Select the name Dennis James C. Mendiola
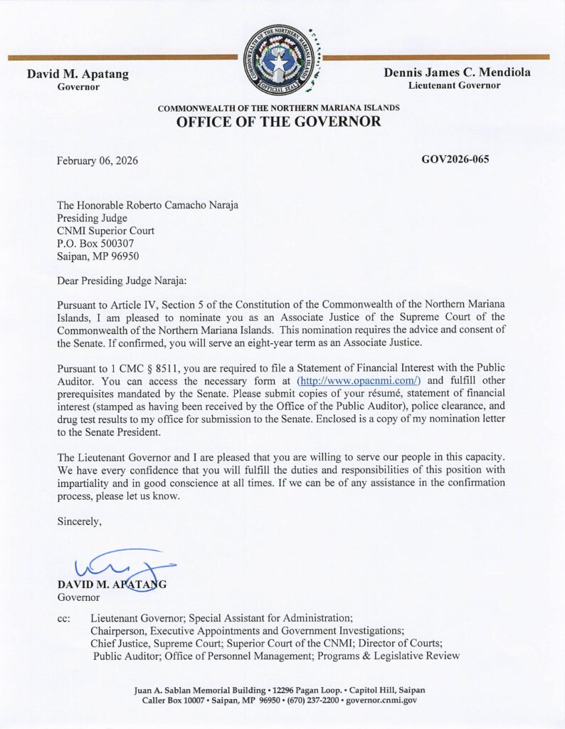click(x=457, y=73)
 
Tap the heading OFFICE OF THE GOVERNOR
click(x=278, y=122)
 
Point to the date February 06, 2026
click(x=97, y=160)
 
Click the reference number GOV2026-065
click(x=455, y=159)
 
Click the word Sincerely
click(x=80, y=522)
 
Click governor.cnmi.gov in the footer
click(x=382, y=701)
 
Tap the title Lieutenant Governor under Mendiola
click(x=454, y=85)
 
